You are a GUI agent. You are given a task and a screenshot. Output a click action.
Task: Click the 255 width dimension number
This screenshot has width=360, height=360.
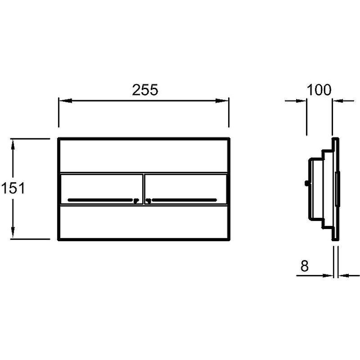(145, 90)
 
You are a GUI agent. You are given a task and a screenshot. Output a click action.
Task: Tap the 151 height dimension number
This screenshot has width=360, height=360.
(13, 188)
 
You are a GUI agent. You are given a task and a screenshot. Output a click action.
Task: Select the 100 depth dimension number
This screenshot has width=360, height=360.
(319, 90)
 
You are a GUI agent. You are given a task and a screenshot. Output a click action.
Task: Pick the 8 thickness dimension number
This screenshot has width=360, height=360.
(305, 266)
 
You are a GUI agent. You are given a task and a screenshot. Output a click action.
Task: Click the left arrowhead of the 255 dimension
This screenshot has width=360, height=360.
(66, 100)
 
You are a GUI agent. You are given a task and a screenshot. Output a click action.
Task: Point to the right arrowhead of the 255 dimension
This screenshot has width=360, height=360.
(222, 100)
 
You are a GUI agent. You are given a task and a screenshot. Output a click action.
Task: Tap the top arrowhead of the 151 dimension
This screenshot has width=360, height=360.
(13, 145)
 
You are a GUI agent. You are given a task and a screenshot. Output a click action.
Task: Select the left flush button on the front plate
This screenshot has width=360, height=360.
(102, 189)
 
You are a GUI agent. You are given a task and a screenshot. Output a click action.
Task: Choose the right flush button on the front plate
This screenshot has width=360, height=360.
(186, 189)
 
